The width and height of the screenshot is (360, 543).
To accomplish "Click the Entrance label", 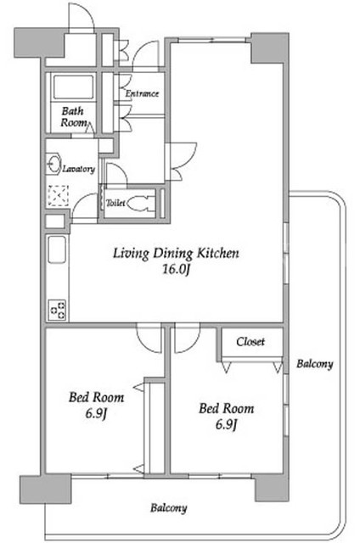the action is [x=142, y=93].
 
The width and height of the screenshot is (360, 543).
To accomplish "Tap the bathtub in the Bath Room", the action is [x=73, y=87].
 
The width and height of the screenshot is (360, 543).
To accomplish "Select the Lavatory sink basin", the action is [x=53, y=163].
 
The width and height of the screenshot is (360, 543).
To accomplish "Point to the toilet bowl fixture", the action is [x=141, y=204].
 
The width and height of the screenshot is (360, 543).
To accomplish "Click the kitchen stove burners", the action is [x=57, y=309].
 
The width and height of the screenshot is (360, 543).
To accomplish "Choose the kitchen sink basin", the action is [x=57, y=249].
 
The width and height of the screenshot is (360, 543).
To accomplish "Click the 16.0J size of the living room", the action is [x=177, y=269].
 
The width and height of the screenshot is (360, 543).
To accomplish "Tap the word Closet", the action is [x=250, y=342].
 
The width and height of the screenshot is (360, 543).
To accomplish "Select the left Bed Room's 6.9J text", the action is [x=96, y=413].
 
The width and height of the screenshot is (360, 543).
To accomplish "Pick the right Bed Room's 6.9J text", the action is [x=226, y=424].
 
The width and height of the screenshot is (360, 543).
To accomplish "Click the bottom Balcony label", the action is [x=169, y=508].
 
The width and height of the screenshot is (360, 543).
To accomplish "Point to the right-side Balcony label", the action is [x=315, y=364].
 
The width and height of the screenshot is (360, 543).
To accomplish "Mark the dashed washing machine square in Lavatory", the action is [x=58, y=196].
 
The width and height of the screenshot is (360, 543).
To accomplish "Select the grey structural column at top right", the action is [x=269, y=48].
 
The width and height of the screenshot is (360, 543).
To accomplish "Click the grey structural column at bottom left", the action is [x=45, y=489].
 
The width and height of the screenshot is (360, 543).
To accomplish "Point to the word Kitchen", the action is [x=218, y=253].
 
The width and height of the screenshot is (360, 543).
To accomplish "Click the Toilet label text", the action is [x=115, y=203].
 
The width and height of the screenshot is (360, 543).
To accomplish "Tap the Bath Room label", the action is [x=73, y=117].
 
